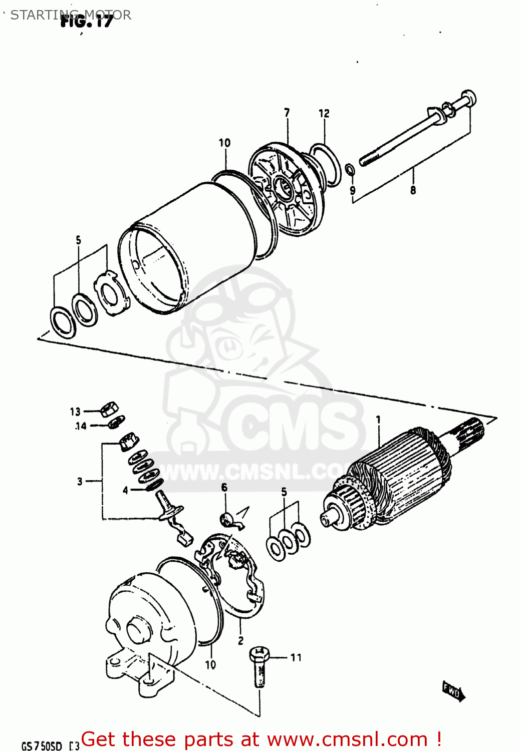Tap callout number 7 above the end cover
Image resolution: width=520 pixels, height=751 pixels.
click(x=287, y=113)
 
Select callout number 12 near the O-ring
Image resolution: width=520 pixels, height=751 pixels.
click(x=324, y=114)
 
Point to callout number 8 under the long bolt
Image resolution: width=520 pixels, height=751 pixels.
click(x=413, y=190)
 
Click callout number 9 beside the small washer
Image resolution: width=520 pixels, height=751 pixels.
click(x=352, y=191)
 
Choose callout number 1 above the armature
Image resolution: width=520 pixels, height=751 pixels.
click(x=378, y=420)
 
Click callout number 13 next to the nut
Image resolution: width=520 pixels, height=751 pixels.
click(x=75, y=412)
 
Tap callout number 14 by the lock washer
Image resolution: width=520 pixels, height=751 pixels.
click(x=81, y=426)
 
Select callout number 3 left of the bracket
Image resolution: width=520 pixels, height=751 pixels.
click(x=80, y=482)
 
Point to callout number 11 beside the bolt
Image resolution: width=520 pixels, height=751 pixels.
click(x=296, y=657)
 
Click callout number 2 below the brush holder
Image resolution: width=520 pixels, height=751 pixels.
click(x=240, y=640)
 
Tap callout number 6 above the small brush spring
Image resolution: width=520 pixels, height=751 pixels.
click(x=224, y=488)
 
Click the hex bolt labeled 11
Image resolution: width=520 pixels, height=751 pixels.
click(x=259, y=666)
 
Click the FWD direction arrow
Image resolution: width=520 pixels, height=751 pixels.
click(x=453, y=692)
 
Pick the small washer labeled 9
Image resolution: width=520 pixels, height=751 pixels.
click(x=350, y=170)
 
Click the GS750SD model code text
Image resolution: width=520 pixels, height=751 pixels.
click(x=42, y=746)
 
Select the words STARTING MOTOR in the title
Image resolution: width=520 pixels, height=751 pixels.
click(x=71, y=15)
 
